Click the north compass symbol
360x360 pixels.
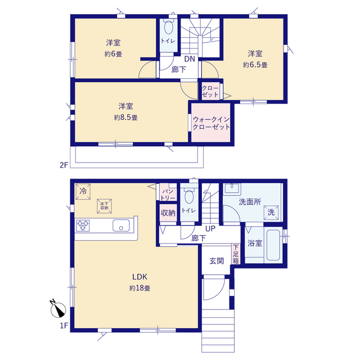click(57, 309)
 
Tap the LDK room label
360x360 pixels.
click(139, 277)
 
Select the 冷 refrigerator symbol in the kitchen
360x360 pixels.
click(83, 191)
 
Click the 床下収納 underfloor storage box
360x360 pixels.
click(104, 206)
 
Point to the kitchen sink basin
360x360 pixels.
click(121, 226)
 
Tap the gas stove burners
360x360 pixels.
click(83, 225)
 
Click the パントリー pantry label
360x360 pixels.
click(168, 195)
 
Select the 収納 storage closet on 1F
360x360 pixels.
click(168, 213)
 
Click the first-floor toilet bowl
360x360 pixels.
click(189, 196)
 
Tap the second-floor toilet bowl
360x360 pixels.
click(169, 27)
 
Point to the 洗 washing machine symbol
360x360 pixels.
click(271, 213)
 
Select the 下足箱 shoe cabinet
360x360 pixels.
click(236, 254)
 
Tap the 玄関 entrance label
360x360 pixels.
click(217, 261)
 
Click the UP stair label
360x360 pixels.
click(210, 229)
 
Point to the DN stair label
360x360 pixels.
click(190, 59)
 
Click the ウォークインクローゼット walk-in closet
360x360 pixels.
click(211, 123)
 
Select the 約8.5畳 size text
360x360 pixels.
click(126, 118)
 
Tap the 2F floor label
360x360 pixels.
click(64, 165)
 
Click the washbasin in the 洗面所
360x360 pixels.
click(232, 189)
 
